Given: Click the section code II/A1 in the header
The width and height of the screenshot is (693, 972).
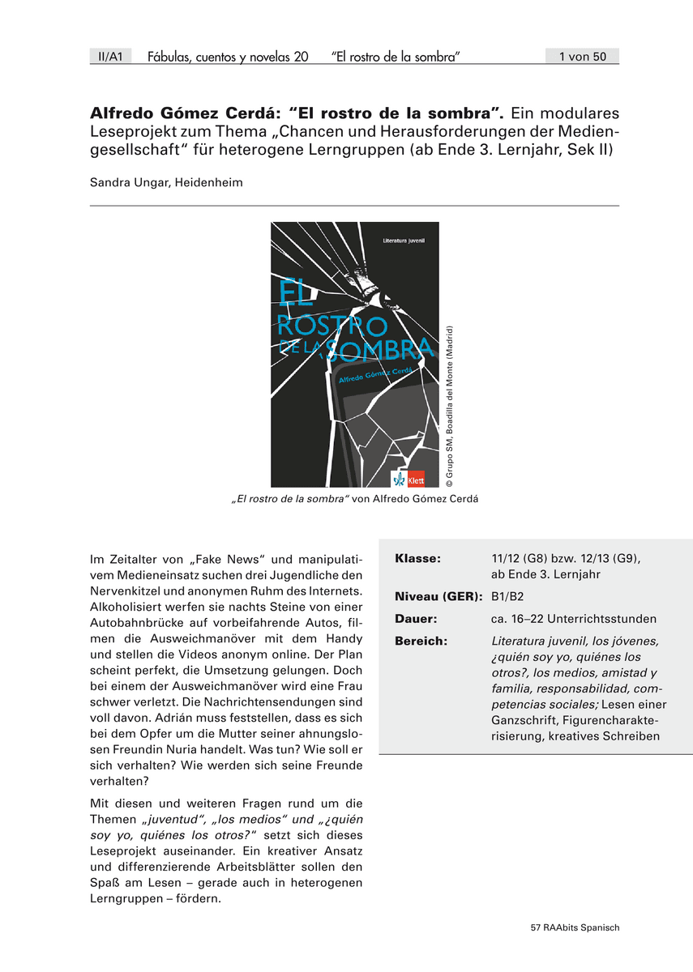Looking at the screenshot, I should tap(109, 57).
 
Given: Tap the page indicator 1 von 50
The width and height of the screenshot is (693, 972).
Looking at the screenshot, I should tap(583, 57).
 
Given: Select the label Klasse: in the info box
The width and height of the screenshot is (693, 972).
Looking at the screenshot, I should tap(417, 559).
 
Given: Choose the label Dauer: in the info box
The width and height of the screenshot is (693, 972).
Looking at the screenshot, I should tap(416, 619).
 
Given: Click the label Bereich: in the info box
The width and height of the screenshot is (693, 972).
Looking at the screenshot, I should tap(421, 641).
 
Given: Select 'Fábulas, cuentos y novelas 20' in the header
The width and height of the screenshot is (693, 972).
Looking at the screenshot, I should tap(228, 57).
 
